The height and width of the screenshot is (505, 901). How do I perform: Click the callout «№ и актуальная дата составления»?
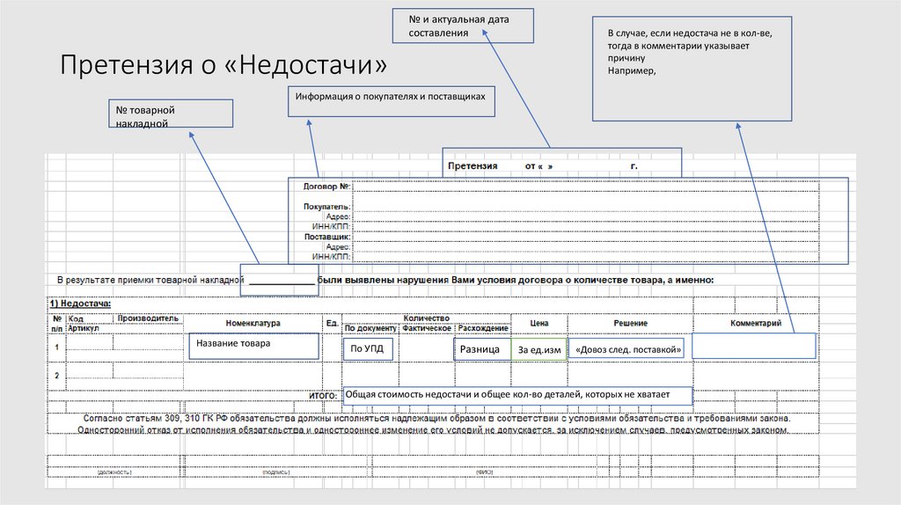click(464, 26)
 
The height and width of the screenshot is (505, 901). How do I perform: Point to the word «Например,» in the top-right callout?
click(632, 71)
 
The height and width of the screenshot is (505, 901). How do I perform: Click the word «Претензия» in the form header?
click(472, 165)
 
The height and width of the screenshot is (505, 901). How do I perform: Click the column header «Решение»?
click(630, 324)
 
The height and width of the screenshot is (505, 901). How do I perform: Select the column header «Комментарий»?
click(756, 324)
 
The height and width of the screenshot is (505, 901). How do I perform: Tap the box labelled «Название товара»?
click(253, 346)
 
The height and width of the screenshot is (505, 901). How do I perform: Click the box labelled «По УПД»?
click(368, 348)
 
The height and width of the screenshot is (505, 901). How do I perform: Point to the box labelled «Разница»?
click(480, 349)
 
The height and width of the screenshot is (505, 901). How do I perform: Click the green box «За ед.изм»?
click(539, 350)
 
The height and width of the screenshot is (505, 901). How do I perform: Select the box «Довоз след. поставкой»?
click(628, 350)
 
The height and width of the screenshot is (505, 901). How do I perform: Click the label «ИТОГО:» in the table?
click(324, 398)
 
